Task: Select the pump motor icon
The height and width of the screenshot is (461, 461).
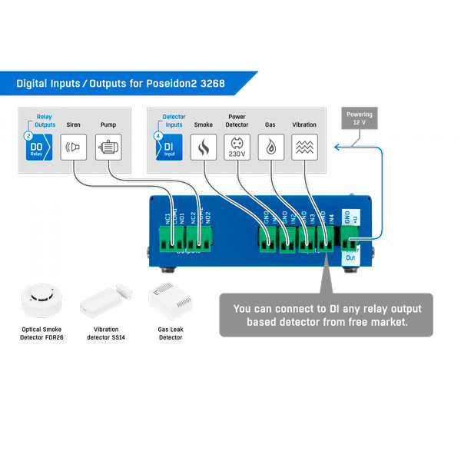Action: coord(108,147)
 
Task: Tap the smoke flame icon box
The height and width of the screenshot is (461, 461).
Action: coord(204,147)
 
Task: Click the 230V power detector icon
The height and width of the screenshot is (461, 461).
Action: coord(237,147)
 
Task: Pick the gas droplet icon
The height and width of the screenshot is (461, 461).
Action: coord(270,147)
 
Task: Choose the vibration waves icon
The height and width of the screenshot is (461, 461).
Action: coord(304,147)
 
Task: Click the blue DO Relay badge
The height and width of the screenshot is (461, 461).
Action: coord(38,148)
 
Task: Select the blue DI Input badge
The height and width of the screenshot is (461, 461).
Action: coord(170,148)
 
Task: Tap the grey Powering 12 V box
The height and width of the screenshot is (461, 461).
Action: coord(360,120)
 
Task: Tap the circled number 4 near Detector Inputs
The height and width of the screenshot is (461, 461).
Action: coord(158,134)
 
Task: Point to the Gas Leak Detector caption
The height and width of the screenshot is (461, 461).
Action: coord(170,333)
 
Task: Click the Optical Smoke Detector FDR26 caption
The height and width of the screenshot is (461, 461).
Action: coord(41,333)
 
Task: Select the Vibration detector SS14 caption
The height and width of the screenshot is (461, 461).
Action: coord(106,333)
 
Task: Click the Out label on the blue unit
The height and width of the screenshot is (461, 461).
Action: coord(350,257)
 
